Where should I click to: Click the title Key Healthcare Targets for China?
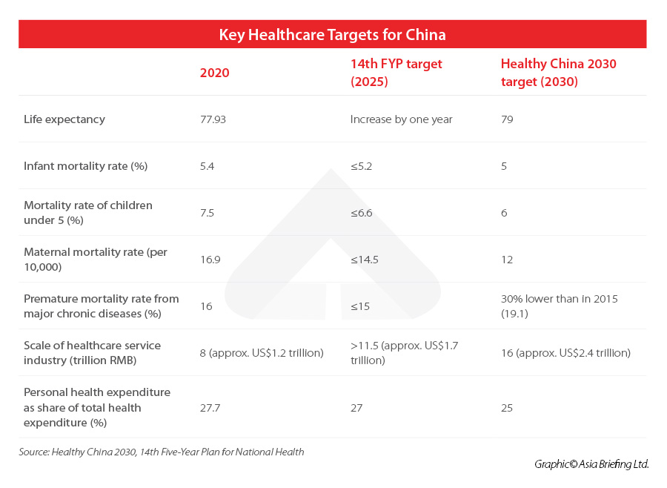[x=332, y=35]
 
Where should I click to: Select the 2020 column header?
[x=215, y=73]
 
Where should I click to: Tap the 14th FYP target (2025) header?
[x=396, y=73]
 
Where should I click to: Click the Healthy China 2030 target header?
[x=558, y=73]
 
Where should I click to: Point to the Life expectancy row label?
[x=64, y=119]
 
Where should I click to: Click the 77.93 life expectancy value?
[x=213, y=119]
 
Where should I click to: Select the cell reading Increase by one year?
[x=401, y=119]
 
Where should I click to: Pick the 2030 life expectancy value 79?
[x=507, y=119]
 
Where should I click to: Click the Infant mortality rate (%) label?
[x=85, y=166]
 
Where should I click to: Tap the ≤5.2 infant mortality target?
[x=361, y=166]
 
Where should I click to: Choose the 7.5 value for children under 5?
[x=207, y=213]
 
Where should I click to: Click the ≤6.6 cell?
[x=361, y=213]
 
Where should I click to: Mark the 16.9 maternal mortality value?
[x=210, y=260]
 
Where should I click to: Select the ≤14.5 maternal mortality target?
[x=364, y=260]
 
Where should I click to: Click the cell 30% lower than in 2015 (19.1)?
[x=559, y=306]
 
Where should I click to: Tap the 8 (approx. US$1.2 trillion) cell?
[x=262, y=353]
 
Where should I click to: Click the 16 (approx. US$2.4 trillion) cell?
[x=565, y=353]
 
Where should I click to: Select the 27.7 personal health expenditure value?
[x=210, y=408]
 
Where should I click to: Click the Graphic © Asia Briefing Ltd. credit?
[x=591, y=464]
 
